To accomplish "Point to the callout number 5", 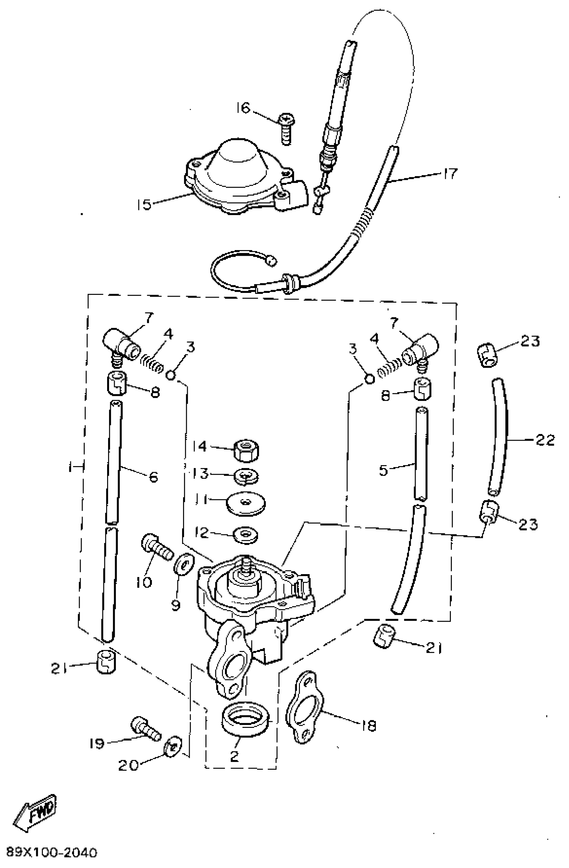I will click(384, 470).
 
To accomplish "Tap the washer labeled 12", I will click(246, 535).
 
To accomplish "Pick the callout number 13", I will click(200, 474).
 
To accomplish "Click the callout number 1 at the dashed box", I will click(69, 467).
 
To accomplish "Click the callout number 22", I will click(545, 440).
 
